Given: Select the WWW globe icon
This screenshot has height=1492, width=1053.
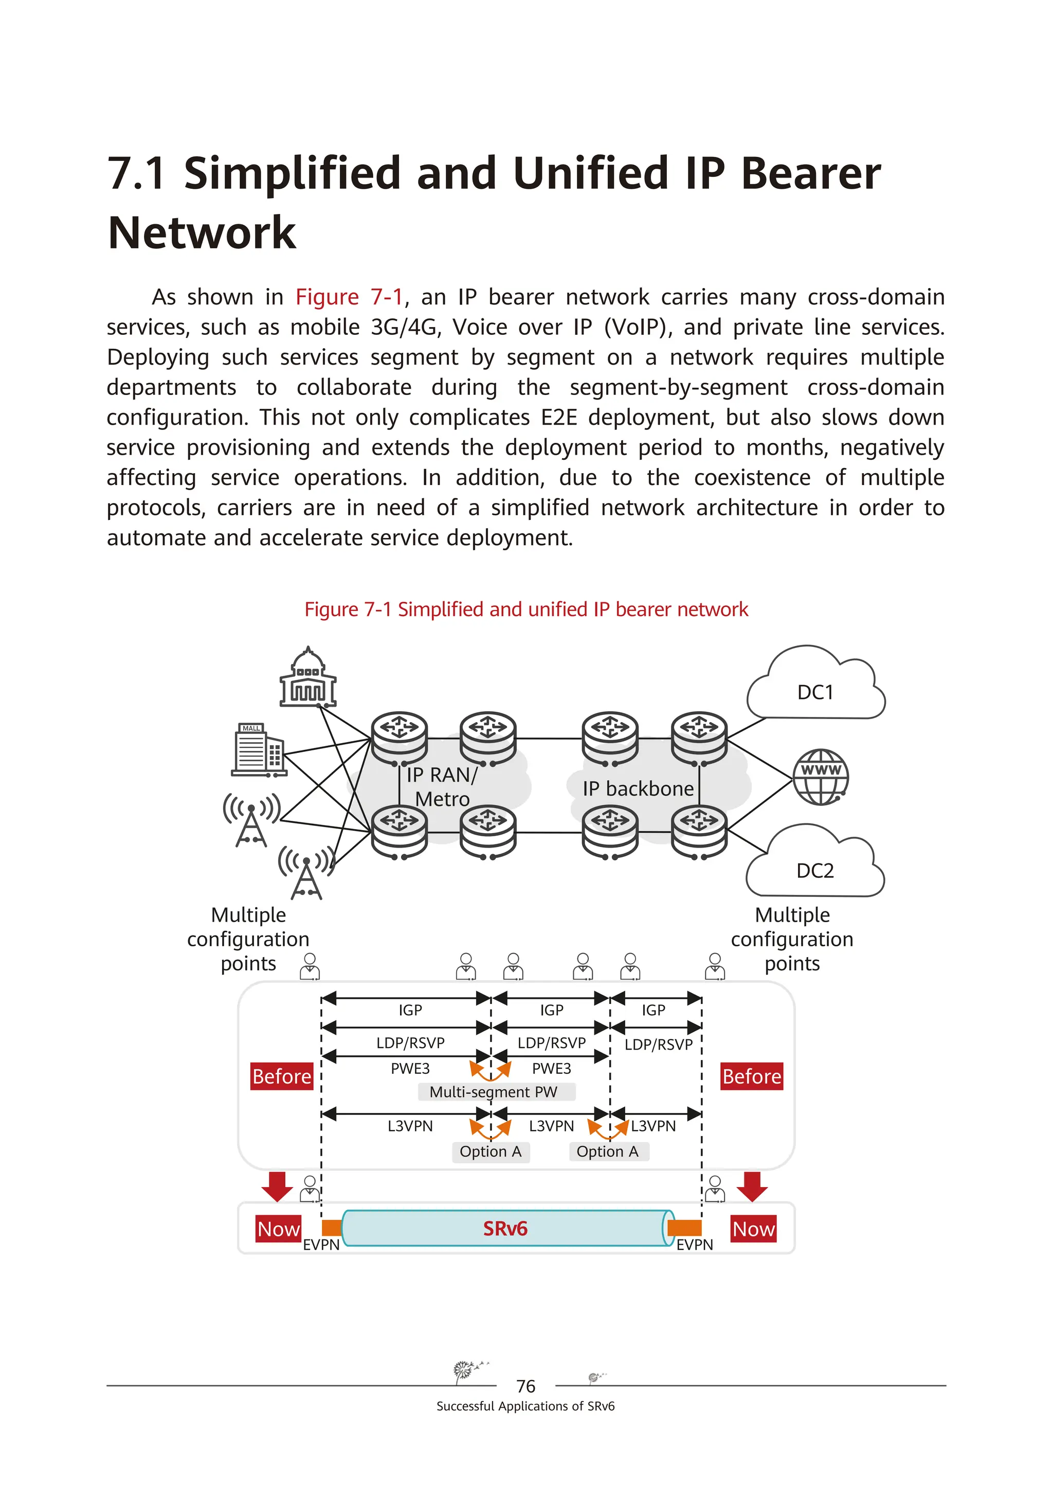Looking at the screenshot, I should point(821,777).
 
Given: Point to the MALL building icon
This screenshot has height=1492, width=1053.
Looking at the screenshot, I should point(259,750).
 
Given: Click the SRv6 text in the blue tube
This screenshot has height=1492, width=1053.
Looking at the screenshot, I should point(505,1228).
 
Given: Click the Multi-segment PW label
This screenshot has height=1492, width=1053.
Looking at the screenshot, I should point(494,1092).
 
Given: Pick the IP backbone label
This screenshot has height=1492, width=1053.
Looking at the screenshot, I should point(638,788).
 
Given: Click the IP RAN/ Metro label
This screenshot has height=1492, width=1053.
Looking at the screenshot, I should point(442,786).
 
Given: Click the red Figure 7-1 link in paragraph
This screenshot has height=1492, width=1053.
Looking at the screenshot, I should point(349,297).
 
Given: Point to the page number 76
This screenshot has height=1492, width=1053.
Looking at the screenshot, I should point(525,1386).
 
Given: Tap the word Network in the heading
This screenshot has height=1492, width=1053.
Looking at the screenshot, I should point(202,232).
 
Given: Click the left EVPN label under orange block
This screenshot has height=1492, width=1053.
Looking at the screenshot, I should point(321,1245).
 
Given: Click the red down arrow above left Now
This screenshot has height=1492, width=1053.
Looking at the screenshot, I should point(277,1186).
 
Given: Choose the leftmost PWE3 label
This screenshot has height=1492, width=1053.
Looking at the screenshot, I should point(410,1068).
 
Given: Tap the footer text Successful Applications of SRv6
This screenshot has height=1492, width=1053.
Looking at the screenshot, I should point(525,1406).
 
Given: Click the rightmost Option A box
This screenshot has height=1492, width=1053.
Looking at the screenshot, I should point(607,1152).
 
